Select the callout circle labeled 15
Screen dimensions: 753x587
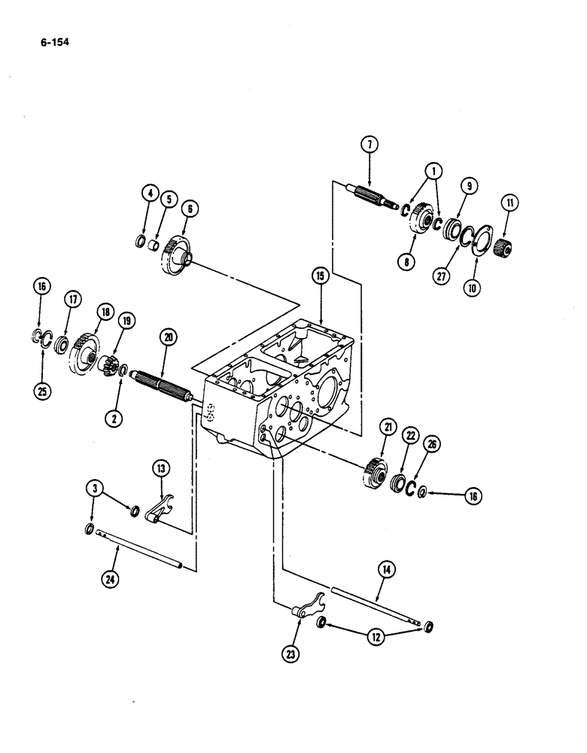[321, 278]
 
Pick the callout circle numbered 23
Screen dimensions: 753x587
[288, 654]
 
